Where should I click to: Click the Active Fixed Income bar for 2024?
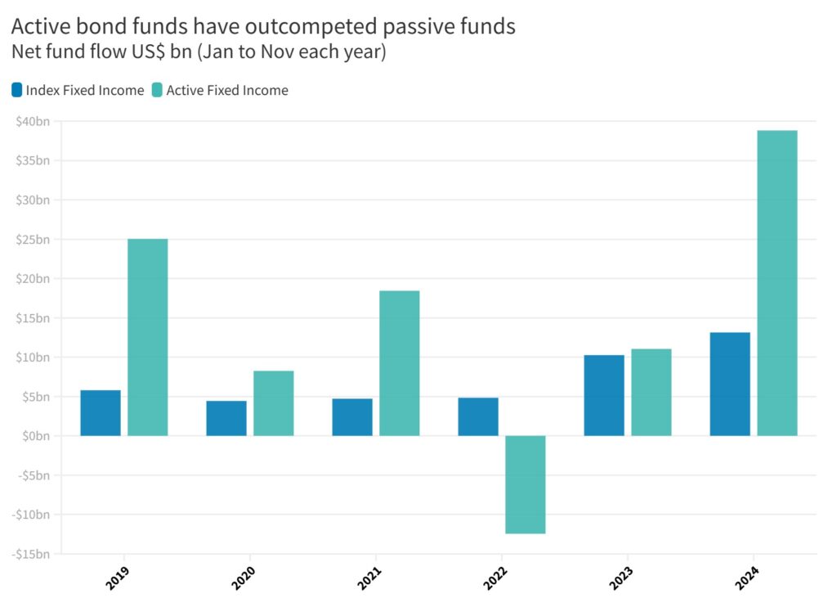[777, 283]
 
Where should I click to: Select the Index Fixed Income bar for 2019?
[101, 413]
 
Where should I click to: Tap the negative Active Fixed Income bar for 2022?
[526, 484]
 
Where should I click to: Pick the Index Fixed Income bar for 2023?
[604, 395]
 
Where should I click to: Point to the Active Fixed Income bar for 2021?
[400, 363]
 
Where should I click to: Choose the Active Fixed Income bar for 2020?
[274, 403]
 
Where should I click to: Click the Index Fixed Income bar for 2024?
[730, 384]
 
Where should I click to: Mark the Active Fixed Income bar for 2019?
[148, 337]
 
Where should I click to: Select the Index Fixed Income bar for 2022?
[478, 416]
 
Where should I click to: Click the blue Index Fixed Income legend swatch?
[17, 90]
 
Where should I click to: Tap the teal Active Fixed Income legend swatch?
[157, 90]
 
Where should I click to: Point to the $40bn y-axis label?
[33, 122]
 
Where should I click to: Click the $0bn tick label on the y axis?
[36, 436]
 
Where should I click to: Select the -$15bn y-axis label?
[31, 554]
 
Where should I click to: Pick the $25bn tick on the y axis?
[33, 240]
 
